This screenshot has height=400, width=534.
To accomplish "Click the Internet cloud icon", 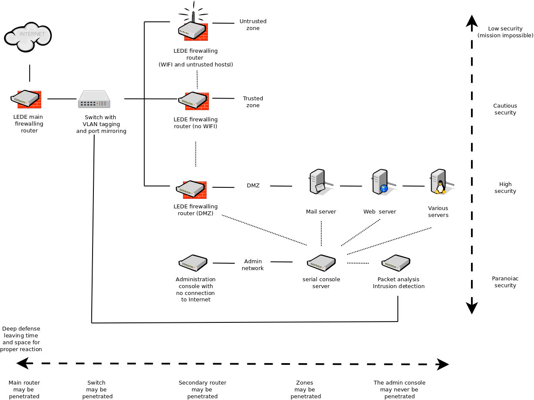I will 28,37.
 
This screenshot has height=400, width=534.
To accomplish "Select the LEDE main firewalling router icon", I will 26,99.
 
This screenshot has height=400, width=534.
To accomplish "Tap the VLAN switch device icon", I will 94,99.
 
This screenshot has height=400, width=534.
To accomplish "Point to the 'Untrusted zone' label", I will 253,24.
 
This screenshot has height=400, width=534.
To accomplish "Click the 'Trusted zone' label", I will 253,102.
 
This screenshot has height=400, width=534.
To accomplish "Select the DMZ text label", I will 253,186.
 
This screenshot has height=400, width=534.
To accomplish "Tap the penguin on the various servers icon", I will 440,187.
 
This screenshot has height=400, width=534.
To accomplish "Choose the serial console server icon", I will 321,262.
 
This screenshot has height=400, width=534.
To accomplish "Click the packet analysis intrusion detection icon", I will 396,263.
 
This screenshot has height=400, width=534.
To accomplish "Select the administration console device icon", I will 193,263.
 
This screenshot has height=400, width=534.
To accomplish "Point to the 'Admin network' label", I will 252,265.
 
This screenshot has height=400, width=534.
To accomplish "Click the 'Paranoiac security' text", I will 505,282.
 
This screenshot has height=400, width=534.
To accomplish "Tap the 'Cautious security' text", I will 505,109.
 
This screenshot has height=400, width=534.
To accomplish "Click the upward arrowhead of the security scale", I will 472,20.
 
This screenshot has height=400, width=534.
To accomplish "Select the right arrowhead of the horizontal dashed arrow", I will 443,364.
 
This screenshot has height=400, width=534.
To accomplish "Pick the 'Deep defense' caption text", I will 21,339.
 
